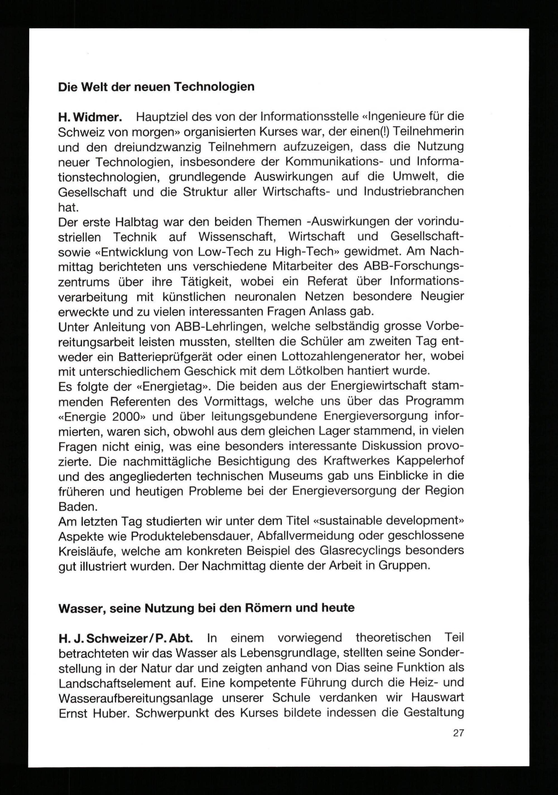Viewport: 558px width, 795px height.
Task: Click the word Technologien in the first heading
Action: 214,87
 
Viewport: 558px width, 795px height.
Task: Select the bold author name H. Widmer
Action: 90,117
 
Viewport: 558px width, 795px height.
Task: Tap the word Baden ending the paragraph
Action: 76,507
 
